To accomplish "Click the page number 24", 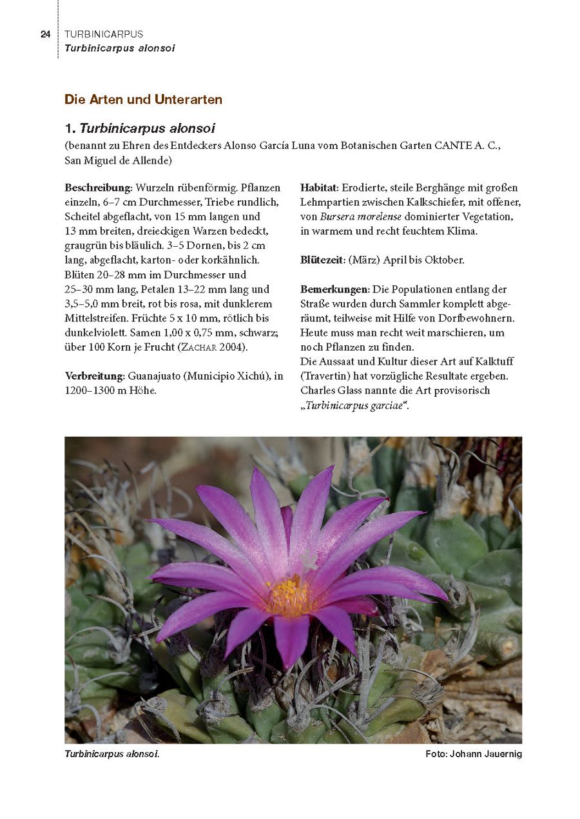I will point(45,34).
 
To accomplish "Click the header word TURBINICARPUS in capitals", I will point(104,34).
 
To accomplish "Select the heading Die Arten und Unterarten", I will point(143,99).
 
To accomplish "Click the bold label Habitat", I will point(318,188).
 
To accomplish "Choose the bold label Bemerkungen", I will point(334,289).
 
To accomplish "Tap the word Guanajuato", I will point(155,376).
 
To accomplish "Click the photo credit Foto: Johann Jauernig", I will point(473,754).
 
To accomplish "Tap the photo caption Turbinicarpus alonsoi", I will point(111,754).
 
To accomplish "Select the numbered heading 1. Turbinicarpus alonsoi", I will point(140,129).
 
